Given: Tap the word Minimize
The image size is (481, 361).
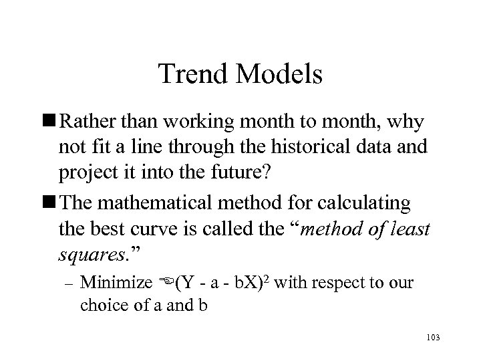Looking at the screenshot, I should (116, 283).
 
